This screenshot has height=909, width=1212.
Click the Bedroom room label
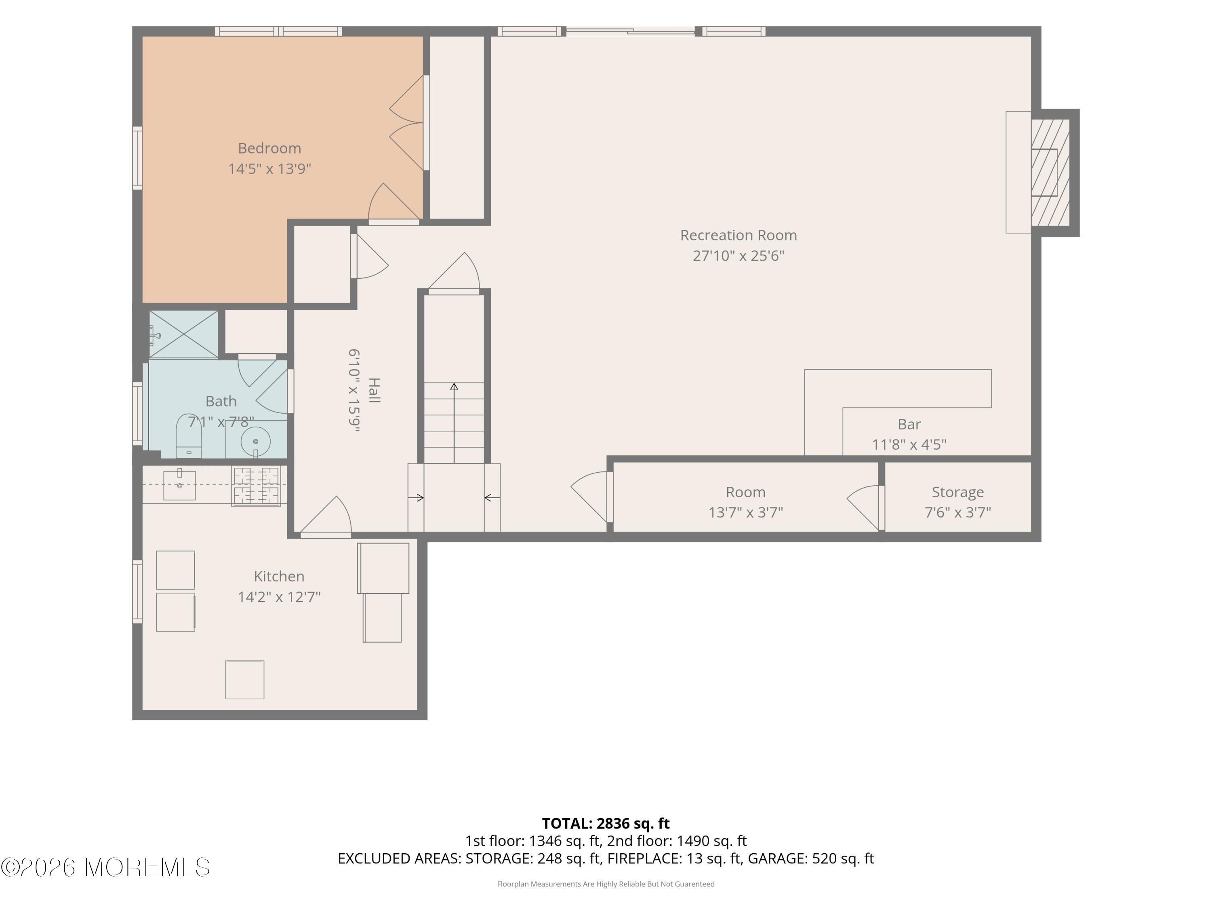pyautogui.click(x=269, y=148)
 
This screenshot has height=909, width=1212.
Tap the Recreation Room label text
pyautogui.click(x=738, y=235)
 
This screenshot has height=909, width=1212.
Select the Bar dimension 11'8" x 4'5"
pyautogui.click(x=909, y=444)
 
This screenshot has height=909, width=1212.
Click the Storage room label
pyautogui.click(x=958, y=492)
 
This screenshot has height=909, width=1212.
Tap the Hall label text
pyautogui.click(x=374, y=390)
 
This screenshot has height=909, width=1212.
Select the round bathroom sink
pyautogui.click(x=255, y=442)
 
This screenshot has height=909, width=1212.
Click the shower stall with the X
pyautogui.click(x=183, y=334)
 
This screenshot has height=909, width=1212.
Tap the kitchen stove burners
pyautogui.click(x=256, y=486)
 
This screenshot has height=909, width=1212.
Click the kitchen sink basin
pyautogui.click(x=179, y=485)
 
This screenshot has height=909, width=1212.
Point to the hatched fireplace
pyautogui.click(x=1050, y=173)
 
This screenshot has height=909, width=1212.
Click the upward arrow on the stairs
pyautogui.click(x=454, y=423)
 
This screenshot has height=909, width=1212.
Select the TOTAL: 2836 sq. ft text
pyautogui.click(x=606, y=823)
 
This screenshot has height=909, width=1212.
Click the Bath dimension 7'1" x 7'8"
pyautogui.click(x=221, y=422)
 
